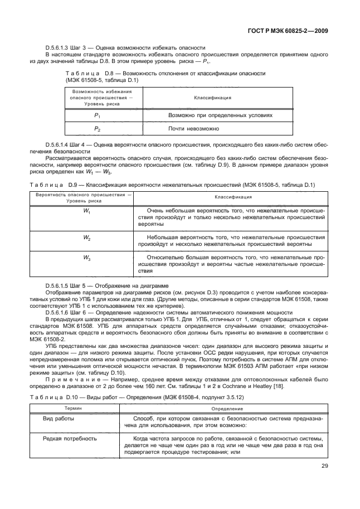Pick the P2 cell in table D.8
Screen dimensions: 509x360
click(x=98, y=128)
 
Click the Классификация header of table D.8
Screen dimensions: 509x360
click(x=212, y=98)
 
